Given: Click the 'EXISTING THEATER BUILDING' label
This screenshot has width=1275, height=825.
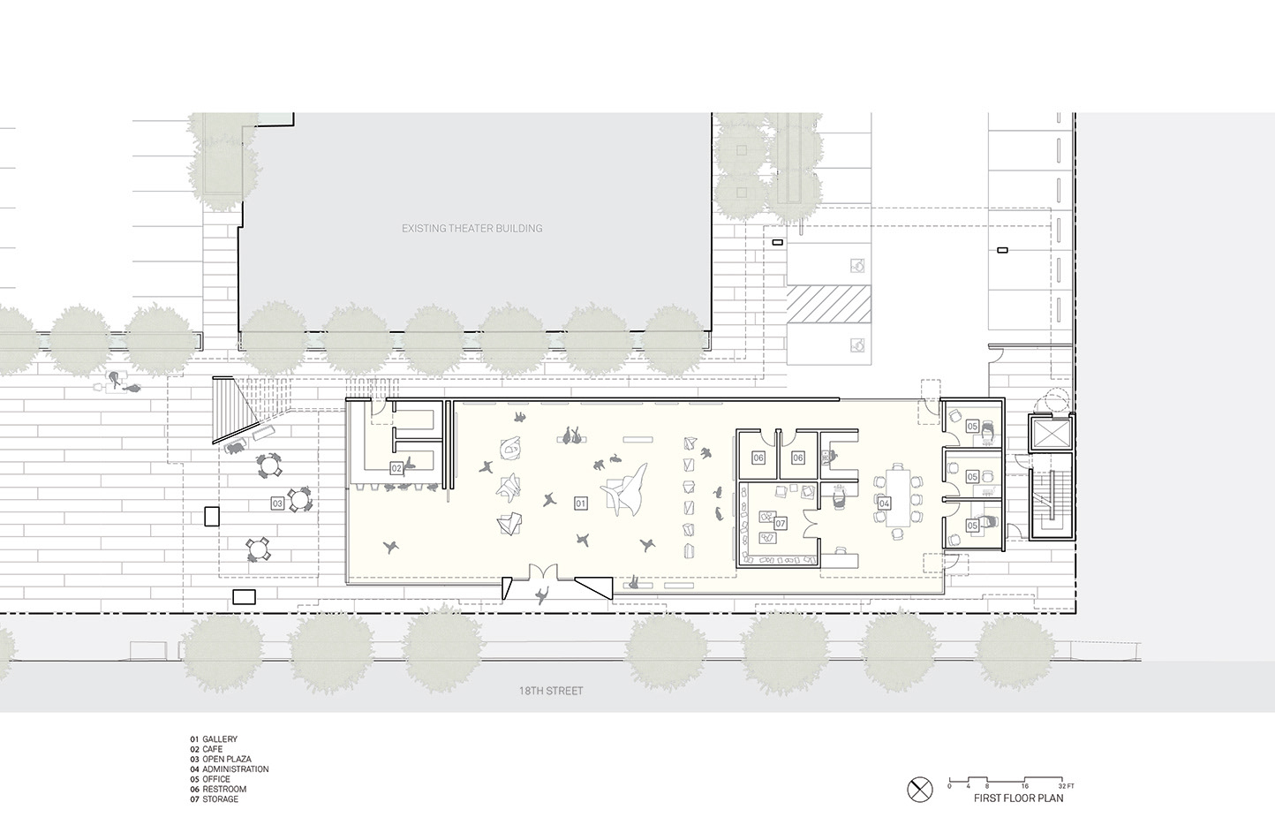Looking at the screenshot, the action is click(x=472, y=228).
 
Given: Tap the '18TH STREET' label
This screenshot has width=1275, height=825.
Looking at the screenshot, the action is click(x=551, y=691).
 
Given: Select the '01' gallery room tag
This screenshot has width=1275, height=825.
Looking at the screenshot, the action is click(x=580, y=503).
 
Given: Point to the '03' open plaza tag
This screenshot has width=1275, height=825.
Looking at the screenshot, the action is click(x=277, y=503).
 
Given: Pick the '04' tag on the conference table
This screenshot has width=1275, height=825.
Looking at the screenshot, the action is click(x=884, y=503).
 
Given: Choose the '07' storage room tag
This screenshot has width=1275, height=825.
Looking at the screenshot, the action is click(x=780, y=523).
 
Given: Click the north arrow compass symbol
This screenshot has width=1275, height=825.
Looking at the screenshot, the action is click(x=920, y=790).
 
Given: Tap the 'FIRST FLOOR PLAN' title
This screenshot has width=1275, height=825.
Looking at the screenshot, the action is click(x=1018, y=799).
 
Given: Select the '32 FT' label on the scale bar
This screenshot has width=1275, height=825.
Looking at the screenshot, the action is click(x=1067, y=786).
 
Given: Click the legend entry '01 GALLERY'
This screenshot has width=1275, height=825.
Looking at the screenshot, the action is click(x=214, y=739).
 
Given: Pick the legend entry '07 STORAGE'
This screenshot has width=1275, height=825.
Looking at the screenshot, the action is click(x=214, y=799).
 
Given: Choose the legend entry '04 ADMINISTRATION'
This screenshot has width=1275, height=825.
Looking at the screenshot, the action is click(x=230, y=769).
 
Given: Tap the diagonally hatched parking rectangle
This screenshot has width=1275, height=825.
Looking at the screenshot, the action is click(x=829, y=304).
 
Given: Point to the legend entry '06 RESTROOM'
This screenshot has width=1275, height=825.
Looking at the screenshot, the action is click(x=218, y=789).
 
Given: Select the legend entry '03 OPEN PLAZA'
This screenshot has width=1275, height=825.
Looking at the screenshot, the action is click(x=220, y=759).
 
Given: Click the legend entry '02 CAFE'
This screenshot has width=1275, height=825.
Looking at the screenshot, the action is click(x=206, y=749).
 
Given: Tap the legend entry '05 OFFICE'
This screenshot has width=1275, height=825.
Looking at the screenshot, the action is click(x=210, y=779).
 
